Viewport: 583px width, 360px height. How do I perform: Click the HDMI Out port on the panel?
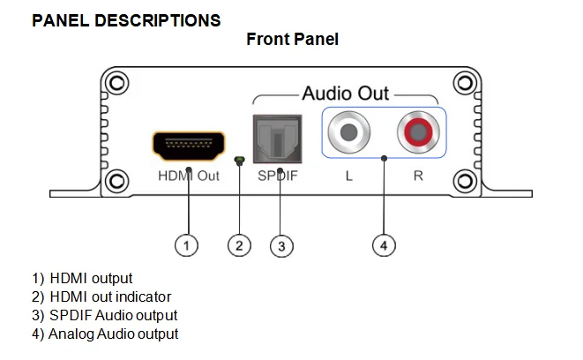click(189, 146)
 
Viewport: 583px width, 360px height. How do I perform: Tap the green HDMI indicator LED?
click(239, 161)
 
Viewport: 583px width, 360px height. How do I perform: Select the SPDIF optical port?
click(277, 139)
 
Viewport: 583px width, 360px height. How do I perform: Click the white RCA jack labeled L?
click(348, 132)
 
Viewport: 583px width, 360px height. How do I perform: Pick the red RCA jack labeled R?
click(418, 132)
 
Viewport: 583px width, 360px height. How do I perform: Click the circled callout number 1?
click(186, 245)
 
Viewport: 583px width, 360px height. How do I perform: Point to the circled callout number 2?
click(239, 245)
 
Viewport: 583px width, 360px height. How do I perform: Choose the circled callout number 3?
click(281, 246)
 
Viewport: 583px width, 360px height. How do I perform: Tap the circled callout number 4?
click(384, 245)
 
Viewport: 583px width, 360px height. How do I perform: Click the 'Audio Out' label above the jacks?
click(346, 93)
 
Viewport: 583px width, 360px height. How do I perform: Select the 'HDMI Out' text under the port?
click(189, 176)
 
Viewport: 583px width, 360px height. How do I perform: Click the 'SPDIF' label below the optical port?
click(278, 176)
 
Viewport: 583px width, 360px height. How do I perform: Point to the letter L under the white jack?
click(348, 176)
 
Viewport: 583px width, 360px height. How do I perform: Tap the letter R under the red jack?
click(418, 176)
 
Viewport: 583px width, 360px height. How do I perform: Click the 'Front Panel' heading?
click(292, 39)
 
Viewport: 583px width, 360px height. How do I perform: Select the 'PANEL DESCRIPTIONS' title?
click(126, 20)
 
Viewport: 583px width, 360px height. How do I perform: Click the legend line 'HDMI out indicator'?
click(101, 296)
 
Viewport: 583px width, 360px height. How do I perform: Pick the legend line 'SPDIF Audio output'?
click(104, 315)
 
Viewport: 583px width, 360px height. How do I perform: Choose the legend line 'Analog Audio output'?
click(105, 334)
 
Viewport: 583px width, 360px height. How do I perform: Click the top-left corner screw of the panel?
click(116, 83)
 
